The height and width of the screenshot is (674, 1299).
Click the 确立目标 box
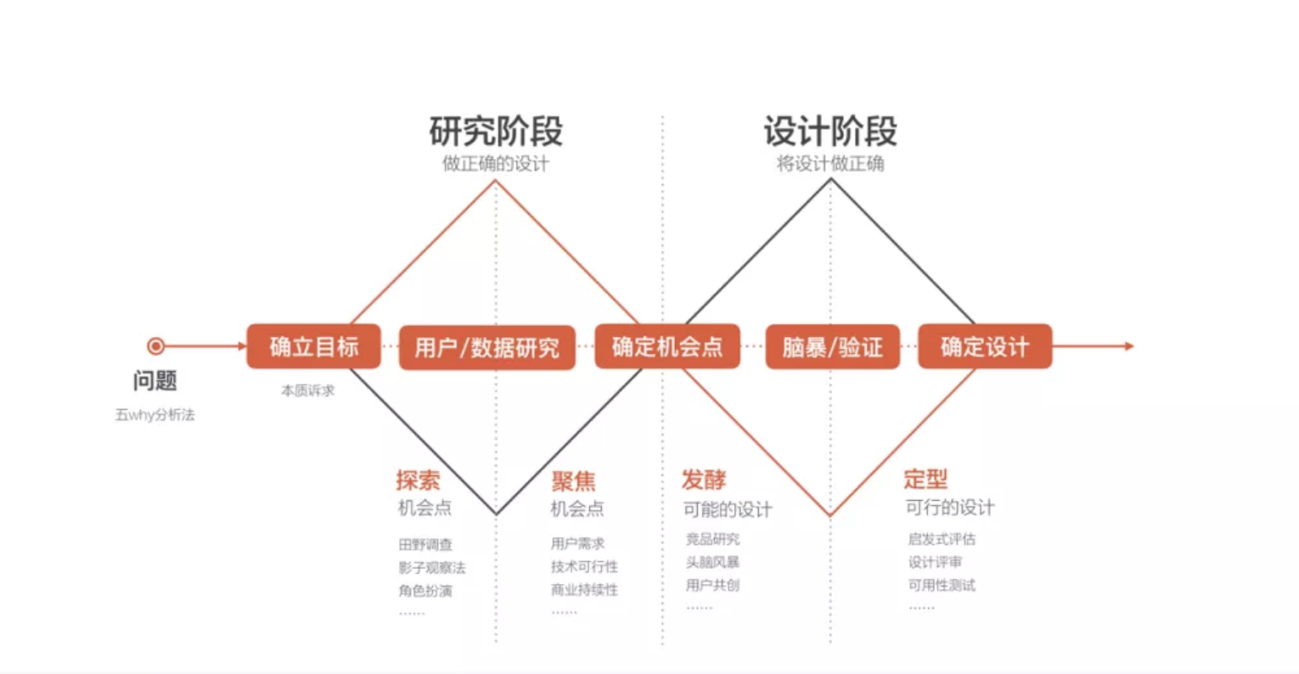(313, 346)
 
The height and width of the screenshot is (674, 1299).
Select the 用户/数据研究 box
(487, 347)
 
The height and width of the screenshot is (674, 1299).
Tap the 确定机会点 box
(667, 346)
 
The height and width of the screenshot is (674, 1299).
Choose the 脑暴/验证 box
(832, 347)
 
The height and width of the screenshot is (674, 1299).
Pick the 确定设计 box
(985, 346)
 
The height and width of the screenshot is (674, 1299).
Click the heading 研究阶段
(496, 132)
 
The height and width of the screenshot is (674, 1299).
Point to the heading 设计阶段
(830, 132)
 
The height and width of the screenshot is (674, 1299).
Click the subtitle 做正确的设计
(496, 164)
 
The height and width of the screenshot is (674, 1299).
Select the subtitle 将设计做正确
(830, 164)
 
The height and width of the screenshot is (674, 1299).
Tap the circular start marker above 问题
(155, 346)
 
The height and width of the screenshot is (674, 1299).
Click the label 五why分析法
(155, 415)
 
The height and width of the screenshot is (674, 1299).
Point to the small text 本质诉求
(307, 390)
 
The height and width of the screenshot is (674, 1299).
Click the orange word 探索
(418, 480)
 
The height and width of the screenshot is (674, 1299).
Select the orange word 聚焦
(573, 481)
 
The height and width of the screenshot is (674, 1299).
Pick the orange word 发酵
(704, 480)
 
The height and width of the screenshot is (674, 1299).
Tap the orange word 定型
(925, 480)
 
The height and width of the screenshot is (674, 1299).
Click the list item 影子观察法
(431, 568)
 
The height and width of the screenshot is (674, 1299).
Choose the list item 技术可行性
(584, 566)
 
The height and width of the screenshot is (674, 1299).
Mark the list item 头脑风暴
(712, 562)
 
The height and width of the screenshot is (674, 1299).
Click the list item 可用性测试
(942, 585)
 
